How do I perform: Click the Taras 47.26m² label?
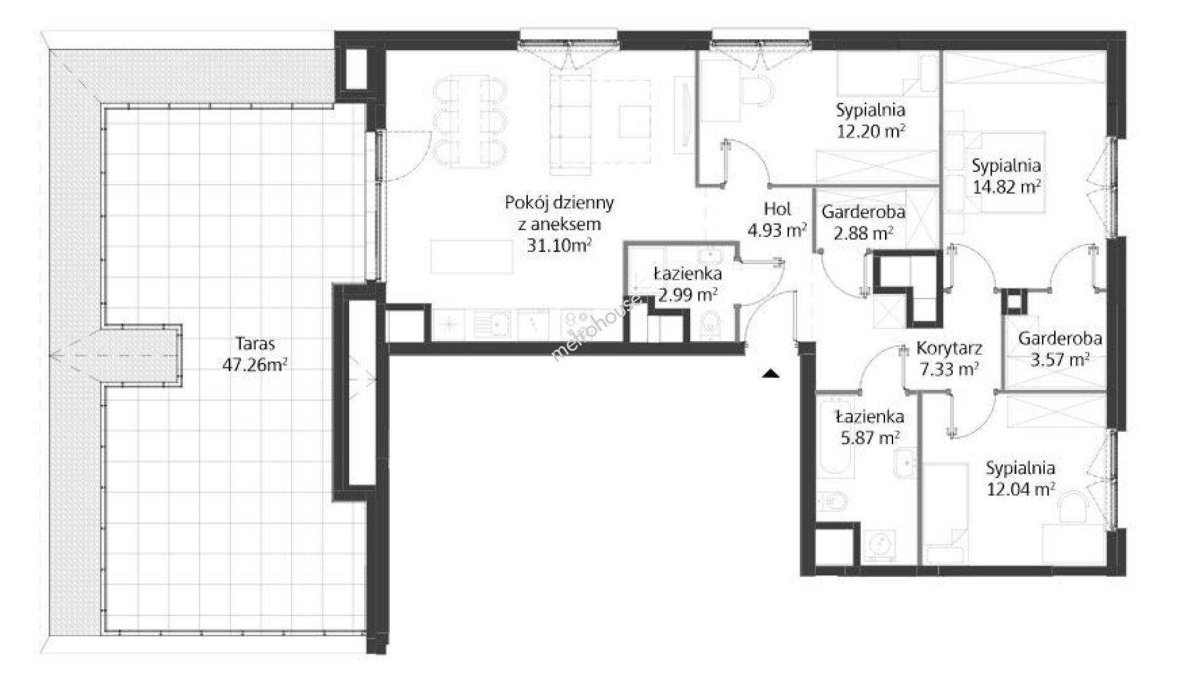tap(255, 354)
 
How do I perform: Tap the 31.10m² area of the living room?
tap(560, 244)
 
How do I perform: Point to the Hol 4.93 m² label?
tap(777, 219)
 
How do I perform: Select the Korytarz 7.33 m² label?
tap(949, 359)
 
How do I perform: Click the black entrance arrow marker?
tap(770, 374)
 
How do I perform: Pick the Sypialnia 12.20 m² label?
tap(871, 121)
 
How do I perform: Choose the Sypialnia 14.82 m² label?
tap(1007, 176)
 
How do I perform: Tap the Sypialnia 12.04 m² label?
tap(1020, 478)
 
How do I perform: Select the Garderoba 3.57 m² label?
tap(1060, 349)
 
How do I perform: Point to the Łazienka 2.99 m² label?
tap(688, 284)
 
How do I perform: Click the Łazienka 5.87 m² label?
tap(869, 427)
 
